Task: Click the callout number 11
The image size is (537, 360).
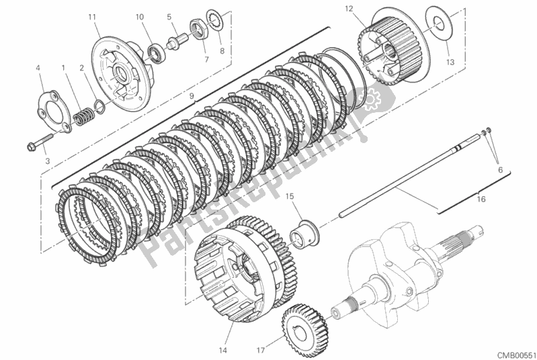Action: coord(92,17)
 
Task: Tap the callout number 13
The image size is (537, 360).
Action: coord(450,62)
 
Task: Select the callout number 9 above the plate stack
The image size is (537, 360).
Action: coord(192,95)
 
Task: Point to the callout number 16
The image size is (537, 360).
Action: coord(481,199)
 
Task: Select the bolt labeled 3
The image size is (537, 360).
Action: coord(40,143)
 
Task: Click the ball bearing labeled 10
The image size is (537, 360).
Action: coord(157,52)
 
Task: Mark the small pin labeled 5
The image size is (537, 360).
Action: coord(176,40)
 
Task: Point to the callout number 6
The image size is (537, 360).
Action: coord(500,169)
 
